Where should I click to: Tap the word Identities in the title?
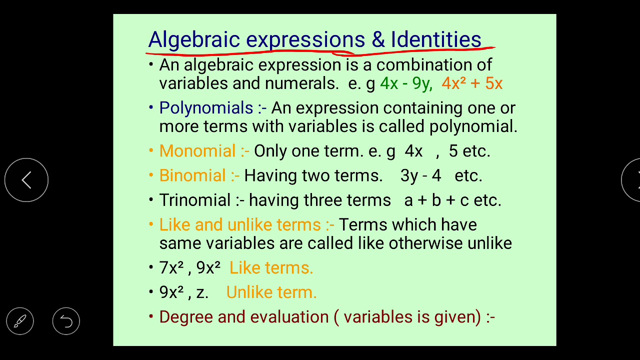[436, 39]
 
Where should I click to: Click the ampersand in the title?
[378, 39]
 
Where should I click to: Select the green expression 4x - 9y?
[405, 83]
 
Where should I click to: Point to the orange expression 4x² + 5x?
[472, 83]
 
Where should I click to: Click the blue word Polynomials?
[206, 108]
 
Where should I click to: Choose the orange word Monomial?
[197, 151]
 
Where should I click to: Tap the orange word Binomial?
[192, 175]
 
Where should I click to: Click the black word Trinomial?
[195, 200]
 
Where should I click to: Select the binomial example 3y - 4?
[420, 175]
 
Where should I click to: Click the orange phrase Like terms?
[271, 267]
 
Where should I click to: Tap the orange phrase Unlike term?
[271, 292]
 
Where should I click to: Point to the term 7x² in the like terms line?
[171, 267]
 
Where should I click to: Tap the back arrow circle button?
[26, 180]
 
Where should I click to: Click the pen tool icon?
[20, 321]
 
